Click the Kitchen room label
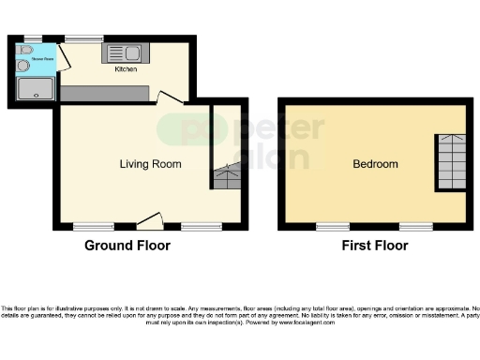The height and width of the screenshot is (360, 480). click(x=126, y=69)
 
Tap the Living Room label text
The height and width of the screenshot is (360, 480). click(x=150, y=164)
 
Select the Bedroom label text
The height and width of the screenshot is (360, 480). click(x=375, y=164)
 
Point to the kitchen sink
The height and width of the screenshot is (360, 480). click(x=124, y=52)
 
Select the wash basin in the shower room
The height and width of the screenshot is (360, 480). click(x=22, y=65)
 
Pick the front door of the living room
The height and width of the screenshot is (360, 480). click(x=149, y=221)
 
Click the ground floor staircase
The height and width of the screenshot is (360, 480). click(x=226, y=175)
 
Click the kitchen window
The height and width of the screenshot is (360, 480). click(x=84, y=38)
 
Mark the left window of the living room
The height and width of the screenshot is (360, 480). click(x=94, y=227)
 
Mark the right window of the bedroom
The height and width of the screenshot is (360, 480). click(x=415, y=227)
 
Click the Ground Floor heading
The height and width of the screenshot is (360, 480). click(x=127, y=247)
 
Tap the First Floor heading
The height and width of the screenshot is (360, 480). click(x=375, y=247)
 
